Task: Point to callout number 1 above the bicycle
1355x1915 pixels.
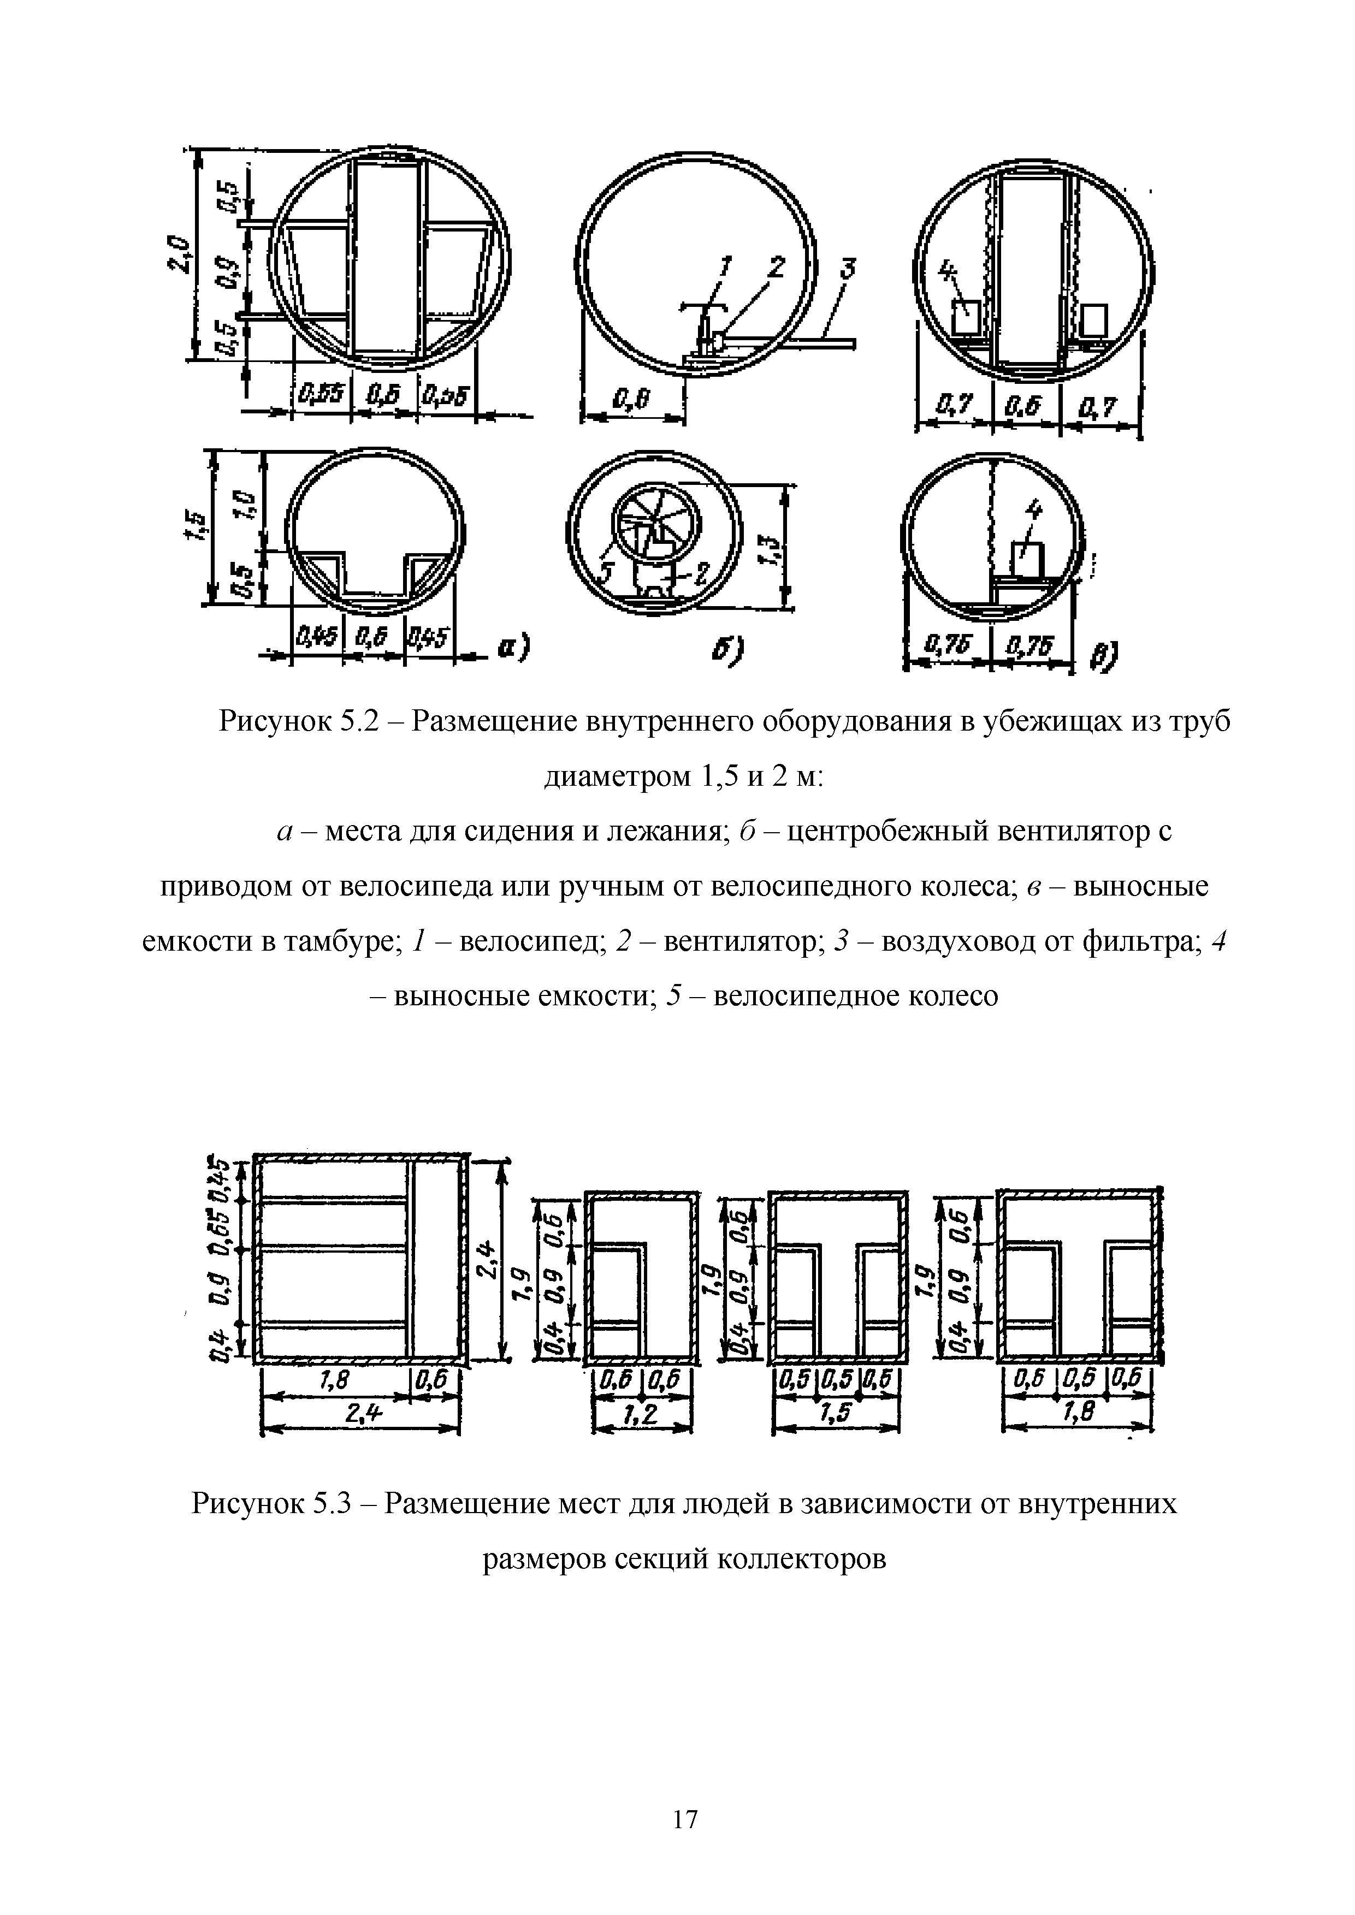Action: coord(724,267)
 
